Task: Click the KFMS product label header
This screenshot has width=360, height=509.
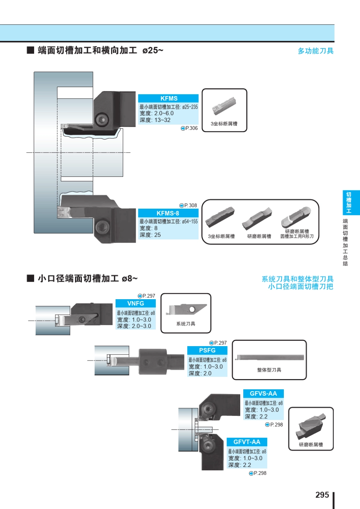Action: [168, 98]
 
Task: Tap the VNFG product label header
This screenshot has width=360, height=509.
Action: [136, 303]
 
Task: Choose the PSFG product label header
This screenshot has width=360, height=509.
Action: [207, 350]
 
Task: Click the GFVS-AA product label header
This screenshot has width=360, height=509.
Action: [263, 393]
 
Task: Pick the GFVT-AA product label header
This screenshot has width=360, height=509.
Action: [247, 442]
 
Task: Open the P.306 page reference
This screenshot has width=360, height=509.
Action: [189, 128]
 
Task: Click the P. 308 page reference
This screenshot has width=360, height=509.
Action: [188, 205]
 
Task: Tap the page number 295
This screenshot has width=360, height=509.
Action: [322, 495]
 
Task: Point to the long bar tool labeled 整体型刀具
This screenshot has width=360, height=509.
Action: [269, 358]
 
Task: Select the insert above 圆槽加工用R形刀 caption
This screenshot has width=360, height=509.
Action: [296, 217]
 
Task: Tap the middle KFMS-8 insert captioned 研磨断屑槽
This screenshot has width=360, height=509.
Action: [258, 219]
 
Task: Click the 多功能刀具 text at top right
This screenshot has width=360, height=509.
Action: [315, 51]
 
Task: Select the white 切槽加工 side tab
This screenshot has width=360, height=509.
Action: [348, 203]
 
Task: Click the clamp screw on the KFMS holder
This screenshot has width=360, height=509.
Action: [102, 120]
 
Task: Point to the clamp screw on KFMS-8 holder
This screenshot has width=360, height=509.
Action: [101, 227]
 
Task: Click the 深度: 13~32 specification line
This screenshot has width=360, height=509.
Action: [155, 120]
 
